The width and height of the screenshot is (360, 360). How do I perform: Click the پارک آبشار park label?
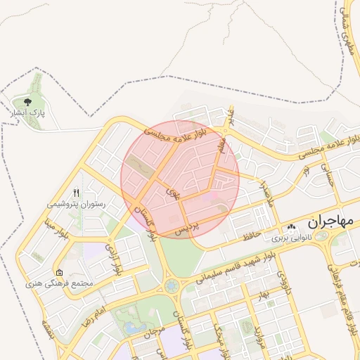(x=27, y=112)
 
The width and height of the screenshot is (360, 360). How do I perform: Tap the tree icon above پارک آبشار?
(x=28, y=102)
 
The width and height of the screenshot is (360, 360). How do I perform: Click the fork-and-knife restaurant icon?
(x=77, y=192)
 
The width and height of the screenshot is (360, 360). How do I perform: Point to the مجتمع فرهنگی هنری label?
(x=59, y=283)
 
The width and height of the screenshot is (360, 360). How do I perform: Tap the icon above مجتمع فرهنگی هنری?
(x=59, y=272)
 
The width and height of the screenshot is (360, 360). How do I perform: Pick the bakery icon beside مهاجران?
(x=292, y=227)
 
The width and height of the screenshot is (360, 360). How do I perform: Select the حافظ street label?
(x=250, y=234)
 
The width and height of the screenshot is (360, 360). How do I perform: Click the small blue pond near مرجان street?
(x=131, y=328)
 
